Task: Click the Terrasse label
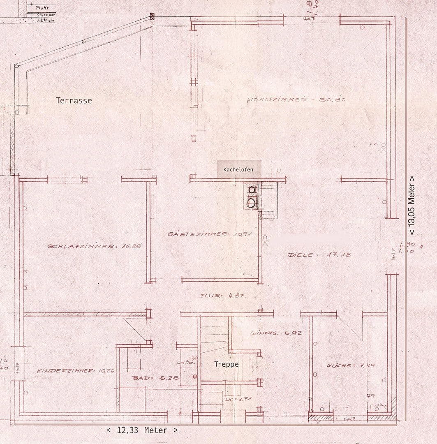[74, 100]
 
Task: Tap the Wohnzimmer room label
[296, 99]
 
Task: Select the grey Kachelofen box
[239, 169]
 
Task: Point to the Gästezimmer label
[210, 234]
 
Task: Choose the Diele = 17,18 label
[319, 255]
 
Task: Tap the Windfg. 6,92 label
[276, 333]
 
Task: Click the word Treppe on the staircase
[226, 364]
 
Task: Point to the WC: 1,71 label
[238, 399]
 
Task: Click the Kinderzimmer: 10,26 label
[75, 370]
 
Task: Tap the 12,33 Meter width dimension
[142, 430]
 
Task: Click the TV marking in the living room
[373, 144]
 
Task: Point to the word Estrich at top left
[45, 20]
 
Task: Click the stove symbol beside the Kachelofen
[252, 196]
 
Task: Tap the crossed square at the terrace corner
[153, 17]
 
